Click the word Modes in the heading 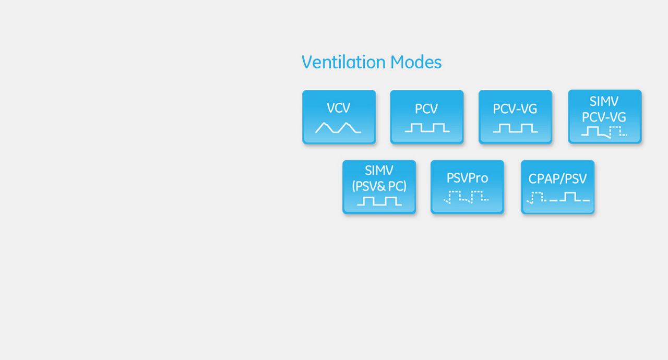click(x=416, y=62)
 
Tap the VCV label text click(x=339, y=108)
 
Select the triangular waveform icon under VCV click(x=338, y=127)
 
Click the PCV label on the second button click(x=426, y=109)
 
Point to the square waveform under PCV click(x=427, y=127)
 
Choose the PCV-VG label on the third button click(x=515, y=109)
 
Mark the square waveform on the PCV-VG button click(x=515, y=128)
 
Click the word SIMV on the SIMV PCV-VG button click(x=604, y=102)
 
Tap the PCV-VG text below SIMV click(x=604, y=117)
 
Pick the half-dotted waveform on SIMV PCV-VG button click(x=604, y=132)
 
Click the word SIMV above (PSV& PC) click(x=379, y=171)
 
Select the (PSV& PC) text click(x=379, y=186)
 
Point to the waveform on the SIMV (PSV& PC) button click(x=379, y=201)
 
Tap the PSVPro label click(x=467, y=178)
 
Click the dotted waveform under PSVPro click(x=466, y=197)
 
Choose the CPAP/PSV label click(x=557, y=179)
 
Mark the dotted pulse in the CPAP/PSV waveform click(x=537, y=198)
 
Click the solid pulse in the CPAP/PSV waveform click(x=570, y=197)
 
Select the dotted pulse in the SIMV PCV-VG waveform click(x=618, y=131)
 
